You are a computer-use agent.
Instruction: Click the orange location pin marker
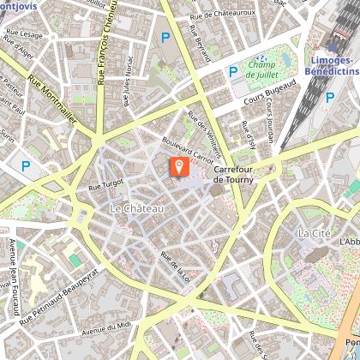coord(180,165)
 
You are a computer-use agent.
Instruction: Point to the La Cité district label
coord(313,233)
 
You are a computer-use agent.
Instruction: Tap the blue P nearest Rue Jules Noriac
coord(165,37)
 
